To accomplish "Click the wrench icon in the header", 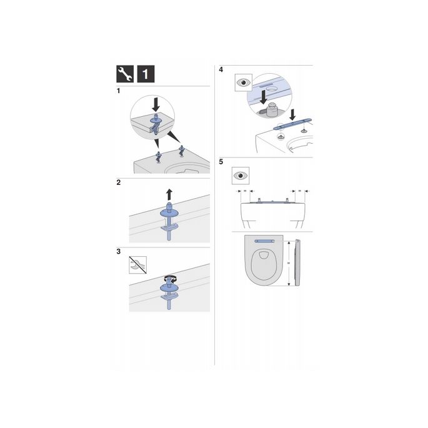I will pyautogui.click(x=126, y=74).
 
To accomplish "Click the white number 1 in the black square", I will pyautogui.click(x=146, y=74).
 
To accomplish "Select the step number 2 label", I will pyautogui.click(x=119, y=183).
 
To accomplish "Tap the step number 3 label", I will pyautogui.click(x=119, y=252).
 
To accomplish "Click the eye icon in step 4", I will pyautogui.click(x=243, y=82).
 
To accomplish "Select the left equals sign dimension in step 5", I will pyautogui.click(x=245, y=191).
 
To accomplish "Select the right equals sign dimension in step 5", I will pyautogui.click(x=299, y=191).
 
